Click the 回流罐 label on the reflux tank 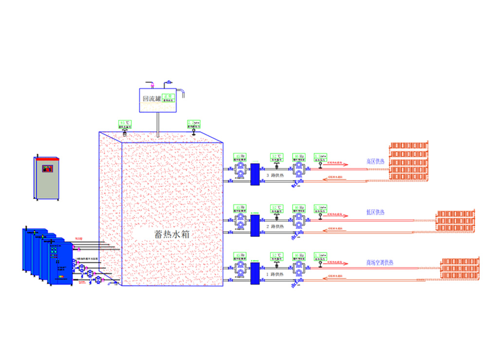click(151, 98)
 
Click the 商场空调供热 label click(380, 263)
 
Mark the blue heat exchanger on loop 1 click(254, 273)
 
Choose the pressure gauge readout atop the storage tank click(193, 123)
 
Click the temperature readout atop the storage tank click(125, 123)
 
